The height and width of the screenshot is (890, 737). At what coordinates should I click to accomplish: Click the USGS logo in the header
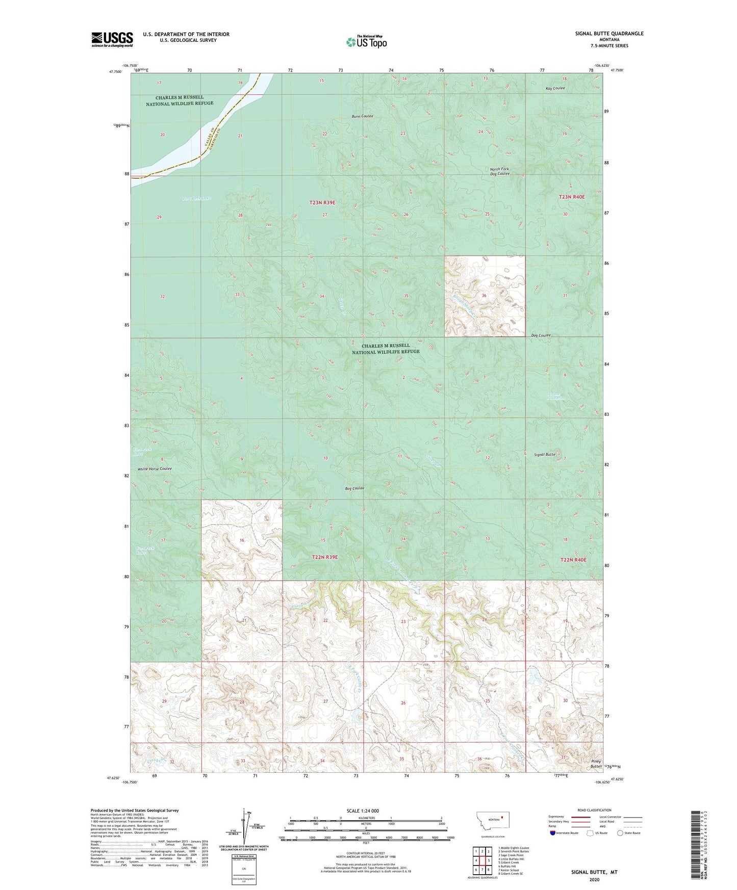click(112, 39)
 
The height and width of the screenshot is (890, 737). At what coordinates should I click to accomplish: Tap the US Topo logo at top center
click(366, 42)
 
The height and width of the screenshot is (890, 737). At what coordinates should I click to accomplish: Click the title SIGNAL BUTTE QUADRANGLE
click(607, 34)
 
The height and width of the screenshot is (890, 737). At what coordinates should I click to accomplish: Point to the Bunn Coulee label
click(362, 116)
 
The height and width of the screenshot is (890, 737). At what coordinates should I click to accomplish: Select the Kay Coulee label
click(555, 89)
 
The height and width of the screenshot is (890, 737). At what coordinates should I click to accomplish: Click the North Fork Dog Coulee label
click(499, 171)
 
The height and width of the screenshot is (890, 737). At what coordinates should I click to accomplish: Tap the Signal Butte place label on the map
click(544, 454)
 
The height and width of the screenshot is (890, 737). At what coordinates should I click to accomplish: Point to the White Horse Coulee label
click(155, 468)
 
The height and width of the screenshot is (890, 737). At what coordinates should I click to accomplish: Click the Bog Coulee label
click(354, 488)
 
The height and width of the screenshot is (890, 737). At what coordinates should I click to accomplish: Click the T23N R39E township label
click(322, 202)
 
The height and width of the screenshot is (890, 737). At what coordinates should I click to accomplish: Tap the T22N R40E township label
click(573, 560)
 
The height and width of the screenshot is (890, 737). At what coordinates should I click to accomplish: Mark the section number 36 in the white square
click(484, 296)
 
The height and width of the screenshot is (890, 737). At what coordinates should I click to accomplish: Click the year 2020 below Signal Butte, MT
click(594, 879)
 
